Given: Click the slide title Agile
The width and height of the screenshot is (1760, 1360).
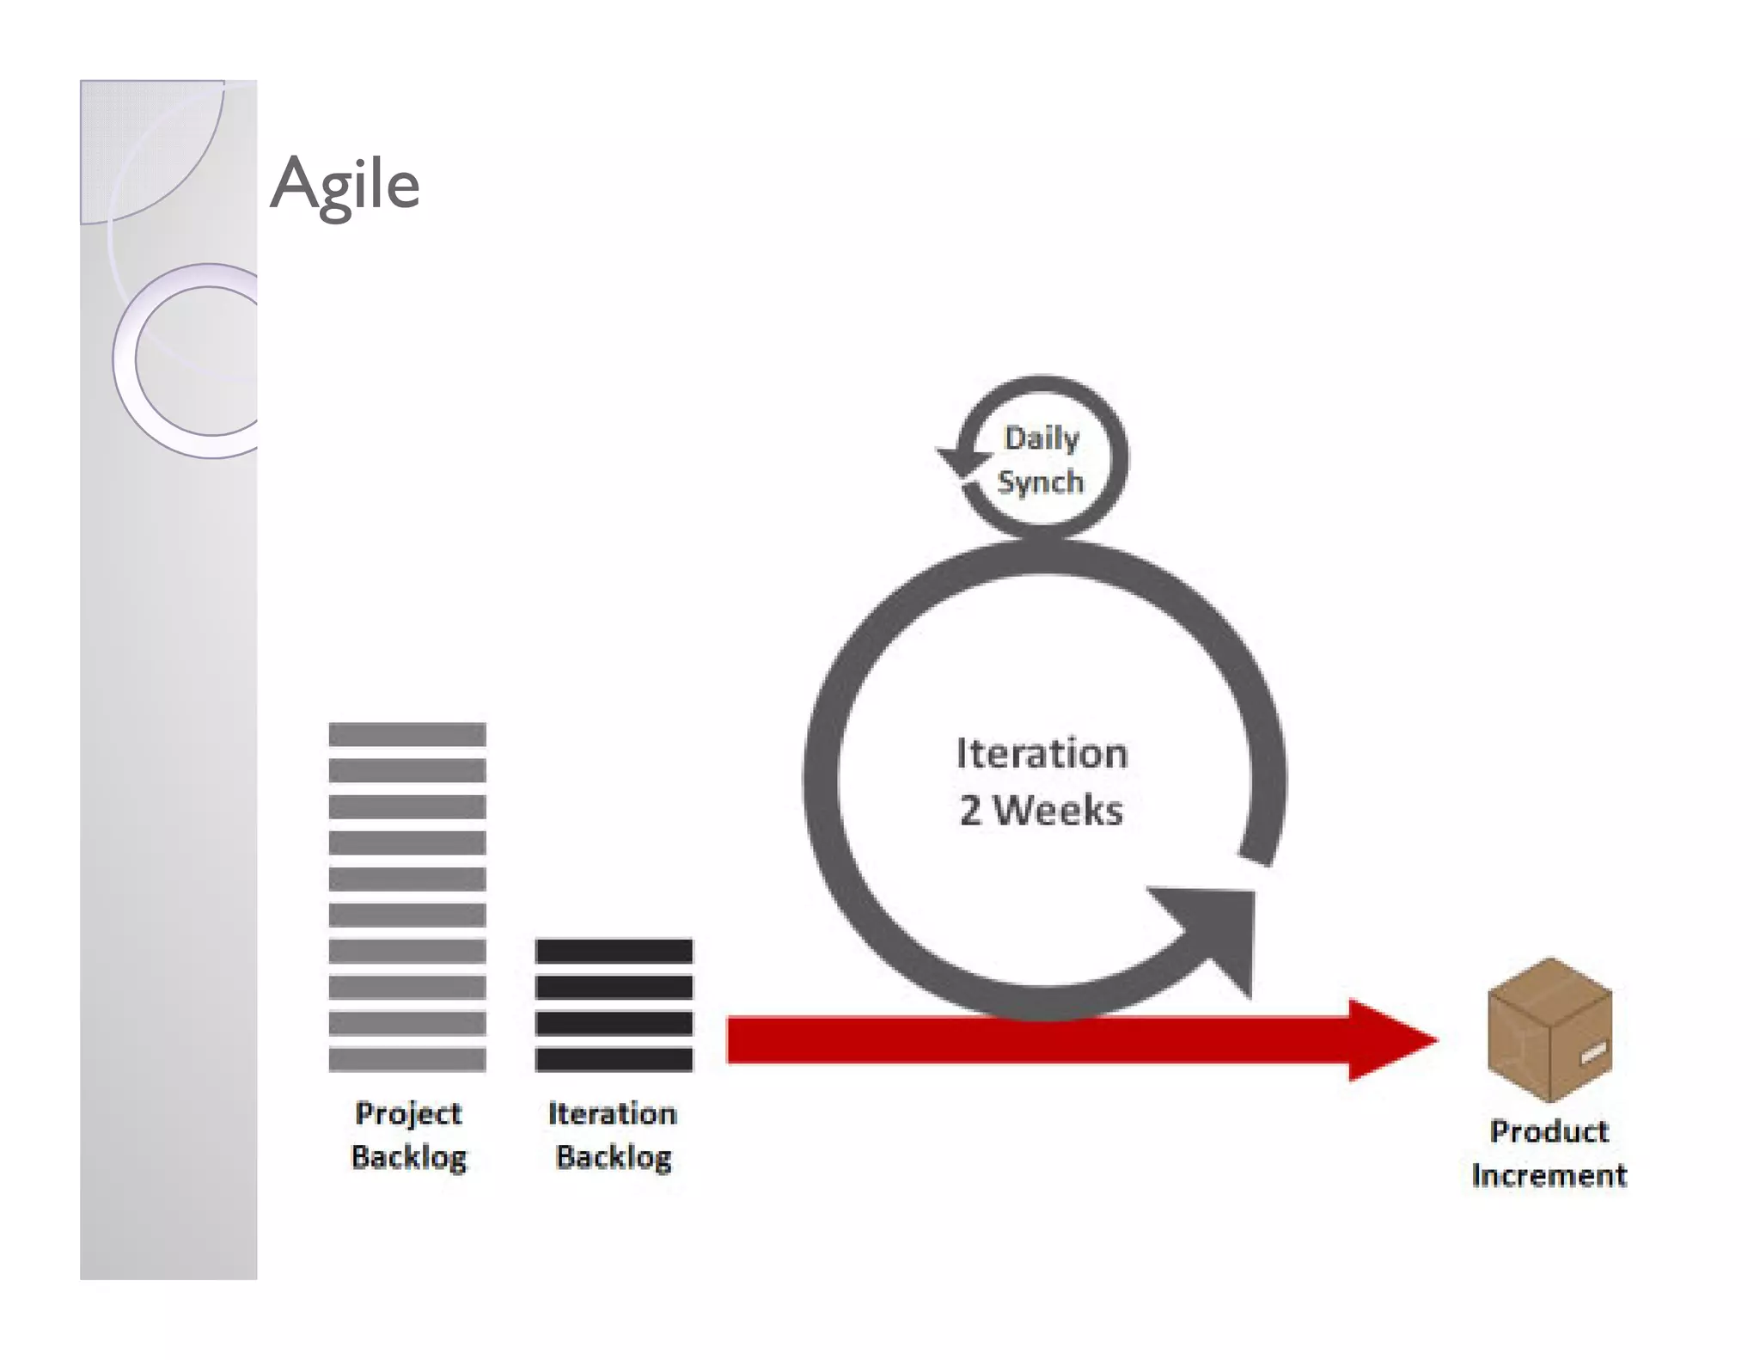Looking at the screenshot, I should tap(345, 184).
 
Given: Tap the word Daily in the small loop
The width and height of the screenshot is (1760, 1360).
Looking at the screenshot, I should tap(1042, 438).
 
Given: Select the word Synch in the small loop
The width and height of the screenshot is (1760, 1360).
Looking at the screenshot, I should tap(1041, 481).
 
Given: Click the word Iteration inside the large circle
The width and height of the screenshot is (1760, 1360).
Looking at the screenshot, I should tap(1042, 754).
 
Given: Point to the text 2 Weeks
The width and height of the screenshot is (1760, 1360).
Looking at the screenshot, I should tap(1041, 811).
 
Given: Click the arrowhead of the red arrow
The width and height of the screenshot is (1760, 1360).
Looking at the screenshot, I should tap(1388, 1040).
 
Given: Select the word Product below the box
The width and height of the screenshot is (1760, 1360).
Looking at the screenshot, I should tap(1549, 1131).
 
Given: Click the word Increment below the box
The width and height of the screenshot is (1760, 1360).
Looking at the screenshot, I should tap(1549, 1175).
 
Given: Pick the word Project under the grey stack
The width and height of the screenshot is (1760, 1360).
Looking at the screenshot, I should tap(408, 1113).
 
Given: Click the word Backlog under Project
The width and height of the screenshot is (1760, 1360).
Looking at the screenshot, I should tap(409, 1157).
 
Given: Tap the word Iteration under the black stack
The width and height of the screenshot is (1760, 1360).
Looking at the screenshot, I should tap(613, 1113).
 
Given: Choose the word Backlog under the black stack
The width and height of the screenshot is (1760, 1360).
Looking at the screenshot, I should tap(614, 1157).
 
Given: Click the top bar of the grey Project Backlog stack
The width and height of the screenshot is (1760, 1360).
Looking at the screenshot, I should tap(407, 734).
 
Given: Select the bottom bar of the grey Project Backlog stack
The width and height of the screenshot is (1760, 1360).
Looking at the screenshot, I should tap(407, 1059).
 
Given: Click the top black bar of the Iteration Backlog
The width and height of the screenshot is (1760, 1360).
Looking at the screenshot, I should tap(614, 951).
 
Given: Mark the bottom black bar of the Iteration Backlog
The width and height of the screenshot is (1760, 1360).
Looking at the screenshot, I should tap(614, 1059).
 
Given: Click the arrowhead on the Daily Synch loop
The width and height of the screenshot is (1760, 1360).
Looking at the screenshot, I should tap(962, 461).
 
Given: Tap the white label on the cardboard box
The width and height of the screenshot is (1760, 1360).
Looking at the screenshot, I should tap(1592, 1051).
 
